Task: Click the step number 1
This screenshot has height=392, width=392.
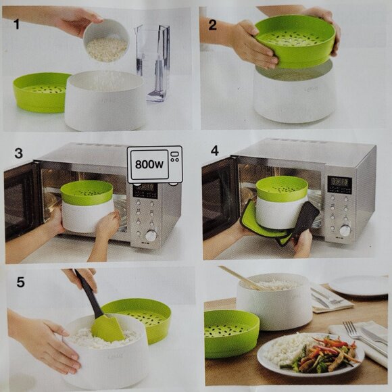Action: coord(16,24)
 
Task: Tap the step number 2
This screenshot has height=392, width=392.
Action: coord(212,25)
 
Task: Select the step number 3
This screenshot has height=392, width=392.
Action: coord(19,153)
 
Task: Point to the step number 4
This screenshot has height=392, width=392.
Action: coord(215,151)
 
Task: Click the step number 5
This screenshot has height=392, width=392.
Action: coord(20,282)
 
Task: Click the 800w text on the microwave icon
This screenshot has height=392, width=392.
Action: coord(149,164)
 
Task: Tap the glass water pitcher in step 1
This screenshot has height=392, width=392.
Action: coord(153,62)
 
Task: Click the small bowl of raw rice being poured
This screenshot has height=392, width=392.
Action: coord(106,41)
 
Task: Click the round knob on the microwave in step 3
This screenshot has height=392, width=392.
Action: coord(151,235)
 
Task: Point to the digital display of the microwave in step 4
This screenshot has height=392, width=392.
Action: coord(339,185)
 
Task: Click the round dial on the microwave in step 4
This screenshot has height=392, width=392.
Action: coord(345,230)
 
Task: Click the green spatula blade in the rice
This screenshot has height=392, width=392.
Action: coord(107,328)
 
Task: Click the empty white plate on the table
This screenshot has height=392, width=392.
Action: coord(358,285)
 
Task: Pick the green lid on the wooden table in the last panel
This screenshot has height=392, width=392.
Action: coord(231,334)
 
